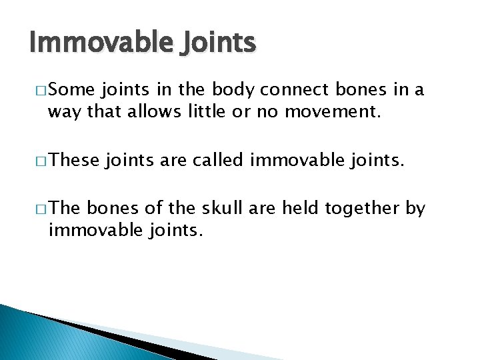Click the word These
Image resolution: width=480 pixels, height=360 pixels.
click(x=74, y=160)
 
